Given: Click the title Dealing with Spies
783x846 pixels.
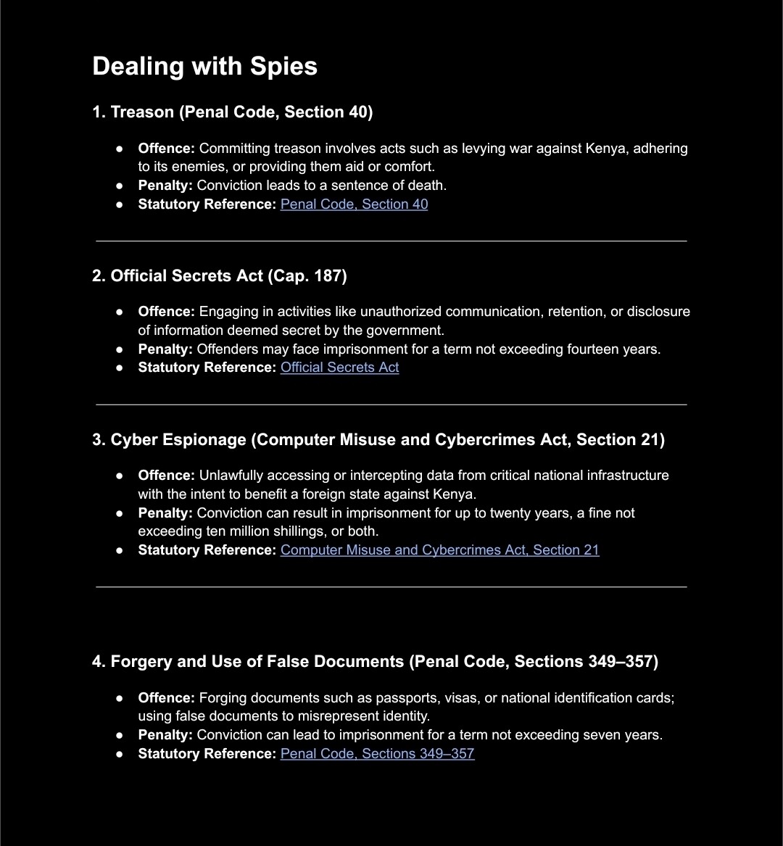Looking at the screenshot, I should [204, 66].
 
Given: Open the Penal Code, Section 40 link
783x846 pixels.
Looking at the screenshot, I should [354, 204].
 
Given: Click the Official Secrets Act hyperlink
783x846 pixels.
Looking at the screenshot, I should [339, 367].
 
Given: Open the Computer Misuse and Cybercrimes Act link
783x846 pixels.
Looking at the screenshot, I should [439, 550].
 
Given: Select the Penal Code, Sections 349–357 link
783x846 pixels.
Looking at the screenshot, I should [377, 753].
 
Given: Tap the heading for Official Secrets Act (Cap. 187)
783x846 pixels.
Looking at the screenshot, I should [219, 275].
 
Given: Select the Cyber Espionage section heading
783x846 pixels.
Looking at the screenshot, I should [378, 439].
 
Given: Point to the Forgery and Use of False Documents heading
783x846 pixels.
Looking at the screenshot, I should [375, 661].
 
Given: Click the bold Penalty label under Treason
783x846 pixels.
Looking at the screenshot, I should [165, 185].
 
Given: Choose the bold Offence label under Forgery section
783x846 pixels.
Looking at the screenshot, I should [166, 697].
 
